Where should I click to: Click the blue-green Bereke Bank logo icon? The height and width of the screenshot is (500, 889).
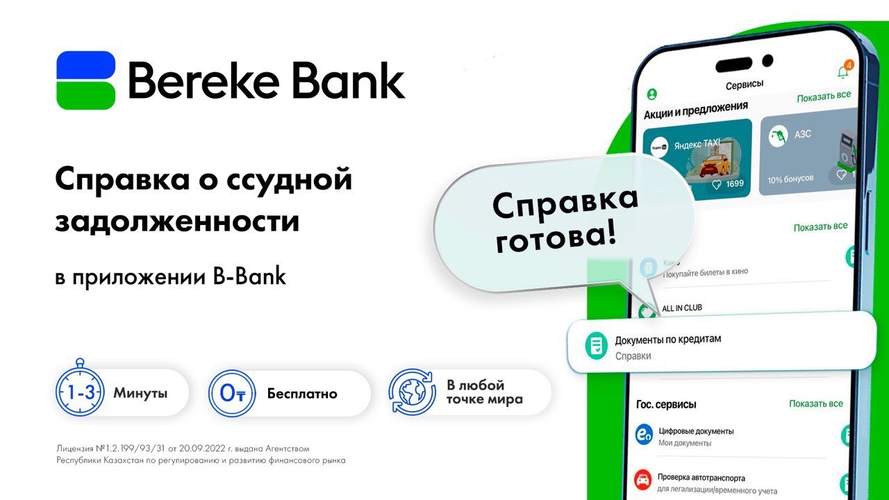[x=85, y=80]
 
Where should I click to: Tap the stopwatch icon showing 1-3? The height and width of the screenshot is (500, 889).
[x=80, y=392]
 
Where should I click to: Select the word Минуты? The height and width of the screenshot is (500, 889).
[x=140, y=394]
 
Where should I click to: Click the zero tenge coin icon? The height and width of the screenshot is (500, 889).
[x=233, y=394]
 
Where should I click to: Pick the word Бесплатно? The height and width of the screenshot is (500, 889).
[x=302, y=394]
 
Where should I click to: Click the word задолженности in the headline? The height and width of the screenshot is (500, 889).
[x=177, y=222]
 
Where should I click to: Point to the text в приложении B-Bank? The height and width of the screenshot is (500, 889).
[x=170, y=276]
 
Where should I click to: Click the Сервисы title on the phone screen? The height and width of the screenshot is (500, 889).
[x=745, y=85]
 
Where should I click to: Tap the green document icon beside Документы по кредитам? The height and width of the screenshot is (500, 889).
[x=595, y=346]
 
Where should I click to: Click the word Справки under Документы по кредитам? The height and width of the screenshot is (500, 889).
[x=633, y=356]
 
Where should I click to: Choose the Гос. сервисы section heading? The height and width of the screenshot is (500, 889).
[x=665, y=404]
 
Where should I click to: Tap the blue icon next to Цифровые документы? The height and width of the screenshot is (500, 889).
[x=644, y=435]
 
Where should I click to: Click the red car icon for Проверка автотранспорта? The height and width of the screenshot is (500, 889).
[x=643, y=480]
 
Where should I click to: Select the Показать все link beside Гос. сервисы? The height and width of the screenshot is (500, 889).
[x=815, y=403]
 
